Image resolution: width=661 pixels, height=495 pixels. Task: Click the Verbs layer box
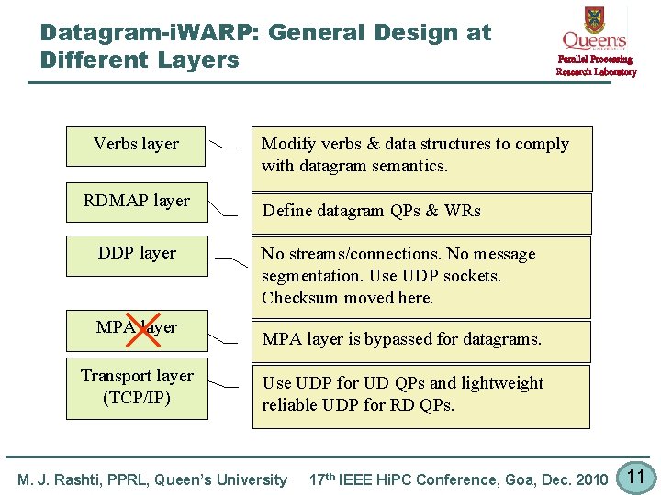pos(136,146)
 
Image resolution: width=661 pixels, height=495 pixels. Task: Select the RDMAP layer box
pos(136,202)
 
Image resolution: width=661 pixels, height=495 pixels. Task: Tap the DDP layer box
pos(136,254)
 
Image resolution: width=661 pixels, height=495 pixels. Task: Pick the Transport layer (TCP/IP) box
pos(136,387)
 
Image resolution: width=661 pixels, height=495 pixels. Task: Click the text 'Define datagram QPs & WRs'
pos(371,211)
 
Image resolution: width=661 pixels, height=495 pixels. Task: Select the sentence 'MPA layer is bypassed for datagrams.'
pos(402,339)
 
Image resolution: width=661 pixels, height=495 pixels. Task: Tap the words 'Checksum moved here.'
pos(347,298)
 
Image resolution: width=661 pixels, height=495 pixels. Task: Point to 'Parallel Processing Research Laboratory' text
pos(595,66)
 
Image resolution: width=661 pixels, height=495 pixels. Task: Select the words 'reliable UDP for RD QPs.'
pos(358,405)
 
